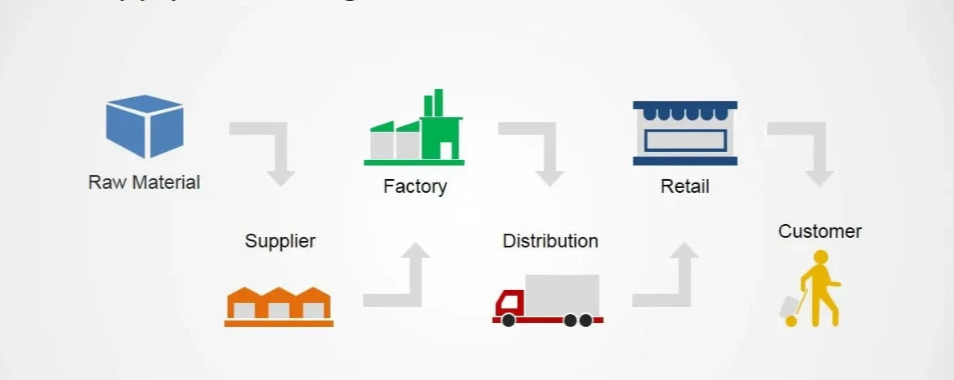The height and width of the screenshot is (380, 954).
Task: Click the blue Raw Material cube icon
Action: pyautogui.click(x=145, y=126)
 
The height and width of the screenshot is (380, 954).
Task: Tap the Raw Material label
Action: pyautogui.click(x=145, y=182)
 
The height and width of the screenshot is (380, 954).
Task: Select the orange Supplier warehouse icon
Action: pyautogui.click(x=279, y=306)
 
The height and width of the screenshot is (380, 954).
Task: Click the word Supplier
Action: pyautogui.click(x=280, y=241)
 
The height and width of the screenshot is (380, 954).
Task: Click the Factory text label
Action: pyautogui.click(x=414, y=187)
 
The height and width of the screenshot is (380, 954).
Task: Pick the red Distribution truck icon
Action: pyautogui.click(x=548, y=300)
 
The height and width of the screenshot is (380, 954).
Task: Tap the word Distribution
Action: pyautogui.click(x=550, y=241)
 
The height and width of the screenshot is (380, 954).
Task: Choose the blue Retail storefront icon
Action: pyautogui.click(x=685, y=133)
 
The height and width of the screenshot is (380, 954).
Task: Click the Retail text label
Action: pyautogui.click(x=685, y=187)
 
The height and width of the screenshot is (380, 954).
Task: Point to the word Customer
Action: pyautogui.click(x=820, y=231)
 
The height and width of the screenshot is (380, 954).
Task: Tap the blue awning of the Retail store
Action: pyautogui.click(x=685, y=111)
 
